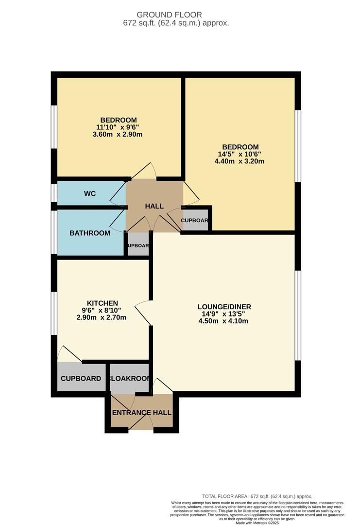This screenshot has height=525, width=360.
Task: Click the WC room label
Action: point(90,193)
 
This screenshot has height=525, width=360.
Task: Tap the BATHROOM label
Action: point(90,233)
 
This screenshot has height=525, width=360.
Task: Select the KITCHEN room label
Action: point(102,303)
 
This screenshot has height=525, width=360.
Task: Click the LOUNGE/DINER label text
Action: point(224,306)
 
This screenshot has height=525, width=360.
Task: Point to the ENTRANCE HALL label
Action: point(141,413)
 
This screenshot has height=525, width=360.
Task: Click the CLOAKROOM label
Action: point(129,378)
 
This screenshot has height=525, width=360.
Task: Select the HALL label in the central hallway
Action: point(154,206)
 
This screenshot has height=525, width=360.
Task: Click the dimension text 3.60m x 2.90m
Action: point(118,134)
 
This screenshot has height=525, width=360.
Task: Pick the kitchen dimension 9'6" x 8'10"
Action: point(102,310)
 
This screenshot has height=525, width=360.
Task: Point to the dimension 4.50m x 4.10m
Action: point(224,321)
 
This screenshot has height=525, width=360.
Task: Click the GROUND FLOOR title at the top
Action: point(176,15)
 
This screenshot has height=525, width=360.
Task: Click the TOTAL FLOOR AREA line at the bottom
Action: point(257,496)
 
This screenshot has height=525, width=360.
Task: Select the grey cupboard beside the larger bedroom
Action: point(195,220)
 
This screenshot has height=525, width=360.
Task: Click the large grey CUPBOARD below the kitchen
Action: point(81,379)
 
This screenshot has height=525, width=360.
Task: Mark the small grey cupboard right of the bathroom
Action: point(138,245)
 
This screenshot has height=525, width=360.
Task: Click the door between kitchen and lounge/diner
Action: point(144,312)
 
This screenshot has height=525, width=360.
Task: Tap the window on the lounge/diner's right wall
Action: point(298,316)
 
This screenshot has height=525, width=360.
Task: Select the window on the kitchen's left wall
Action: point(55,314)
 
